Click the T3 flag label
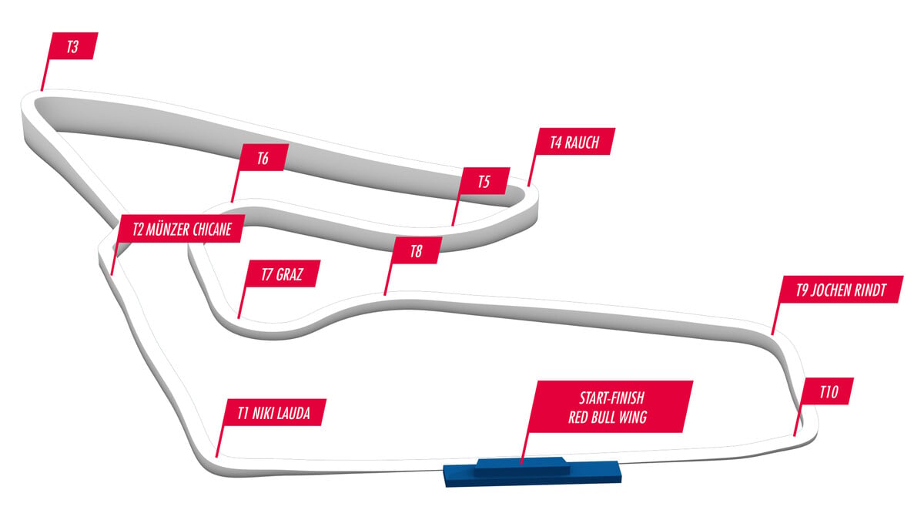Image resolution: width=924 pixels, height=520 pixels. (73, 46)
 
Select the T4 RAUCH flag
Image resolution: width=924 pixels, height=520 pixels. (574, 142)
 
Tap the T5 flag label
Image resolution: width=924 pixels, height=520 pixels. (484, 181)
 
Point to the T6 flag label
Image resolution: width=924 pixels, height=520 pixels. (263, 158)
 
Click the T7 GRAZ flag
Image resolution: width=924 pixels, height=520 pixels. (282, 273)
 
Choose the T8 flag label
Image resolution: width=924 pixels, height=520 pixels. (417, 250)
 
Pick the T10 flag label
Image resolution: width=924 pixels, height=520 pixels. (829, 391)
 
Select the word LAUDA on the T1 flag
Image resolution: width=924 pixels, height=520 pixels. (292, 413)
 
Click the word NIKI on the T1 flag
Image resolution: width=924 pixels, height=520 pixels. (261, 413)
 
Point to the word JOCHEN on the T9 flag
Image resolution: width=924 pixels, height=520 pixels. (829, 290)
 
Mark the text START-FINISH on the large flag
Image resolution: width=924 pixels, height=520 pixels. (611, 398)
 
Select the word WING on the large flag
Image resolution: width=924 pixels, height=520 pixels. (633, 418)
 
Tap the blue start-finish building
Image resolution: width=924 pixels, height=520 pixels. (532, 471)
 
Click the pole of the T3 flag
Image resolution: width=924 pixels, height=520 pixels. (45, 74)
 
